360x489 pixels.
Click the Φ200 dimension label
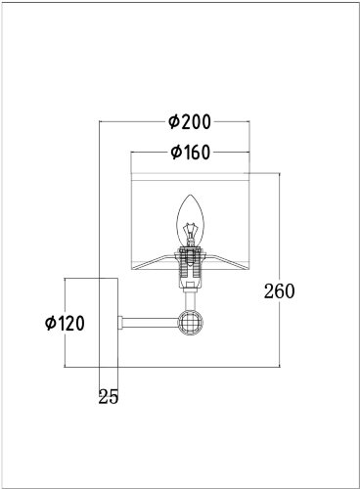coord(190,122)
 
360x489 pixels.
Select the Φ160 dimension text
coord(191,153)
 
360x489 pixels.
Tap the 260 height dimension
coord(279,291)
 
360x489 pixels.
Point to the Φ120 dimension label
coord(65,323)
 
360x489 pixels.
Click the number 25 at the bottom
coord(109,397)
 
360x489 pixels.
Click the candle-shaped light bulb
coord(191,222)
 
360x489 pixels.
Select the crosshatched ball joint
coord(191,323)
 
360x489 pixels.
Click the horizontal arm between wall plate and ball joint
coord(151,323)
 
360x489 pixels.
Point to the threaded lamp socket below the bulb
coord(191,267)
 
